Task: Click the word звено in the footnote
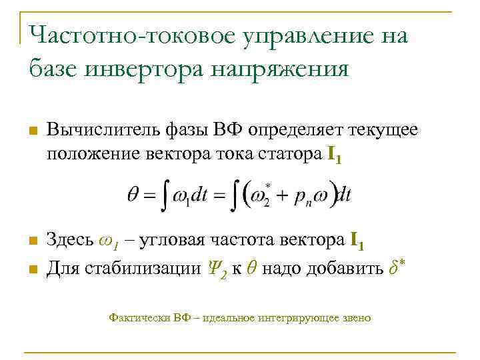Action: point(355,318)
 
